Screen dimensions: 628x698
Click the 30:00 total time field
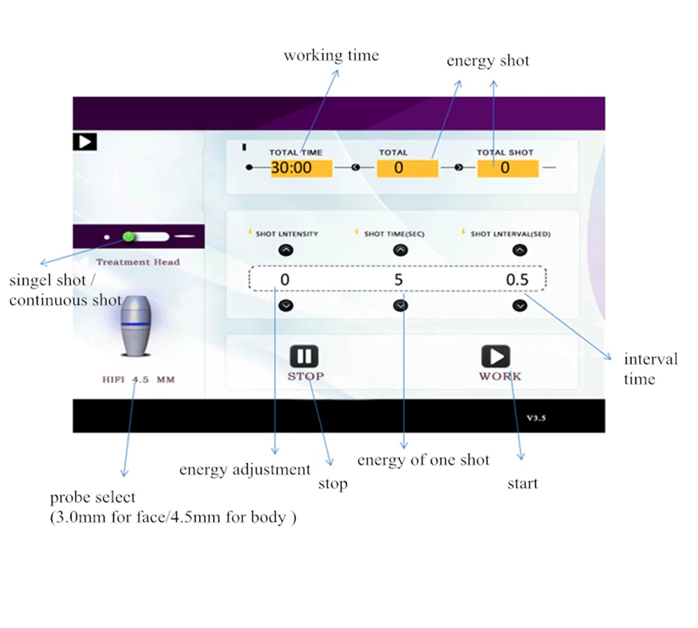[x=292, y=168]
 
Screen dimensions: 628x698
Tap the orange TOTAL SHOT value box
[x=507, y=168]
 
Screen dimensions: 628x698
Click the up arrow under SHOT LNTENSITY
[x=285, y=249]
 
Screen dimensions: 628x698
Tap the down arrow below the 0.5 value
[x=519, y=305]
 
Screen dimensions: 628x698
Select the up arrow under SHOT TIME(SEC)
[x=400, y=249]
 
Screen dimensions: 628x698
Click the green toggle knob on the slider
[x=129, y=237]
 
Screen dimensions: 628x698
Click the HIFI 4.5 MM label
[x=138, y=380]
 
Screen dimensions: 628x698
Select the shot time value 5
[x=399, y=281]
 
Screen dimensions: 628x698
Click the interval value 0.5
[x=517, y=281]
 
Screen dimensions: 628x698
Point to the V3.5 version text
[x=536, y=419]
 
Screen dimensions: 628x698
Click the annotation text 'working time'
[x=331, y=56]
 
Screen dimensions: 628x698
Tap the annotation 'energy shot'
[x=488, y=61]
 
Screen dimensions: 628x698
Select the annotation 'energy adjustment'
[x=244, y=470]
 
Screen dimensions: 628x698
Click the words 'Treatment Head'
[x=138, y=262]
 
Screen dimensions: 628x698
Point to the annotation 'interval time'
[x=651, y=369]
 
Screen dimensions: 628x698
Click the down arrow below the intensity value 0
[x=285, y=305]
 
